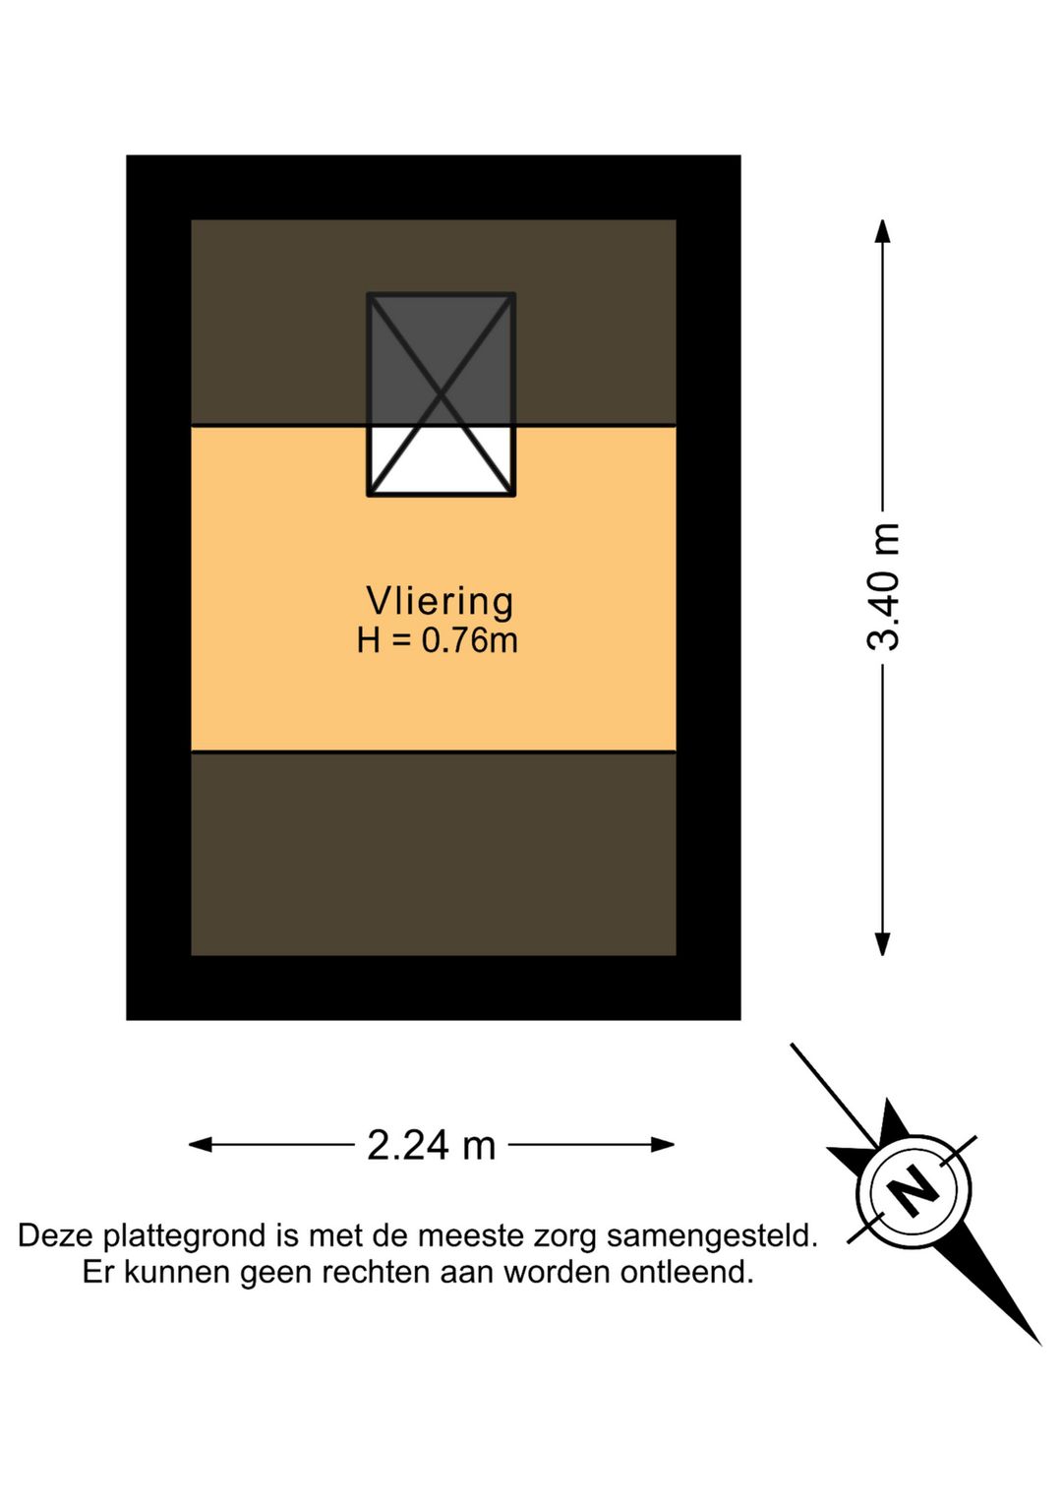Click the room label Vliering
(x=440, y=601)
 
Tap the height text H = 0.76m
(x=437, y=641)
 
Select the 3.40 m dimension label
(x=883, y=587)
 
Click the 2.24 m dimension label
(x=431, y=1145)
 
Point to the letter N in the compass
(x=914, y=1191)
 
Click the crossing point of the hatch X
(x=441, y=395)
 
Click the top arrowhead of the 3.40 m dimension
(x=883, y=231)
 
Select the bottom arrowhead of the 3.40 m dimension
(x=883, y=943)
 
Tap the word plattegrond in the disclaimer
(x=187, y=1235)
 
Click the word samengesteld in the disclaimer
(x=712, y=1235)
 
